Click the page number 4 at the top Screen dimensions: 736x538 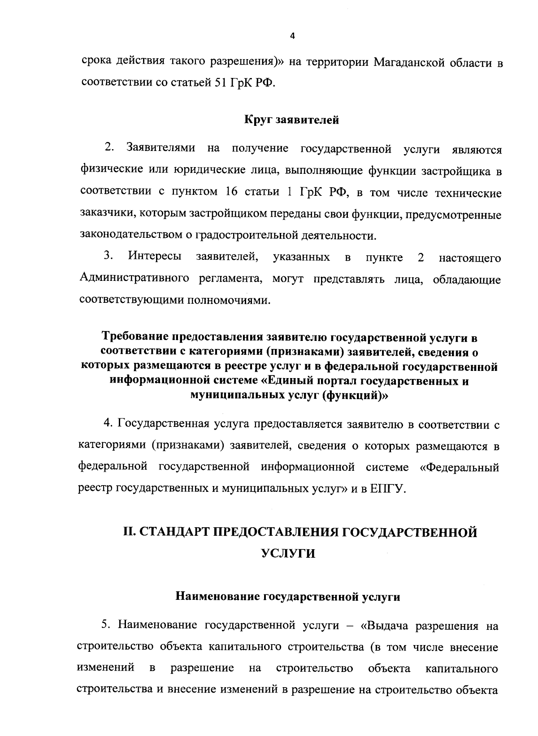pos(292,37)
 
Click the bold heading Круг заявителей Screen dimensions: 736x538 pos(291,120)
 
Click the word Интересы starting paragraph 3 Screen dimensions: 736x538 pos(155,257)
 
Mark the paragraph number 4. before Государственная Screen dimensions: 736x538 pos(107,424)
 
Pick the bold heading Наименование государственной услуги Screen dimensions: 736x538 pos(287,597)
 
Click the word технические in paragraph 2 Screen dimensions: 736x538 pos(468,193)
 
